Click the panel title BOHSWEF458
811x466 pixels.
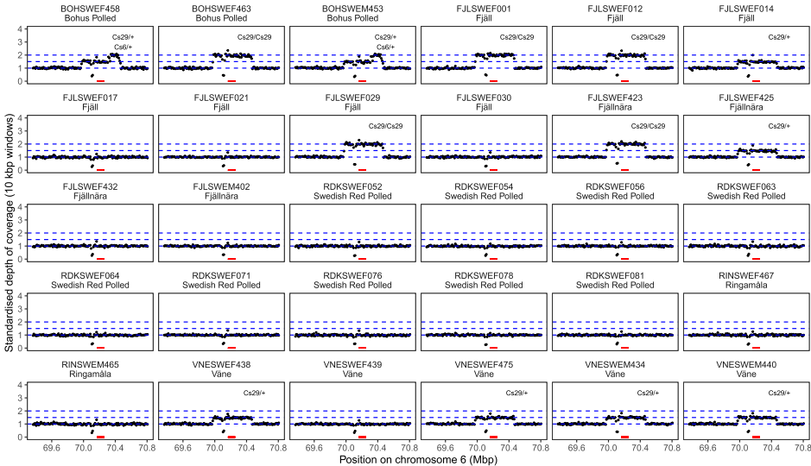(x=91, y=8)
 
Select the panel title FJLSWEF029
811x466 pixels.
(x=352, y=98)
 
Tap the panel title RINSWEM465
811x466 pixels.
(x=91, y=364)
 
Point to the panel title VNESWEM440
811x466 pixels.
(x=745, y=364)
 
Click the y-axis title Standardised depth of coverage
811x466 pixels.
(x=9, y=233)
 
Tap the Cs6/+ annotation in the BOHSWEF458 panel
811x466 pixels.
(x=124, y=47)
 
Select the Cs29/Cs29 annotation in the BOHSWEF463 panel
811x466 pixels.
(x=251, y=37)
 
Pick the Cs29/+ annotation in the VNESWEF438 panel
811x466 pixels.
(x=254, y=393)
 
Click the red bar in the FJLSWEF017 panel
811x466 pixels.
(x=101, y=170)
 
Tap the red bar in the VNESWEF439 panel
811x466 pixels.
(x=363, y=437)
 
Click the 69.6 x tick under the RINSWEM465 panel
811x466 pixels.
(x=51, y=448)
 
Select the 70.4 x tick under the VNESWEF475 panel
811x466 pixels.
(x=509, y=448)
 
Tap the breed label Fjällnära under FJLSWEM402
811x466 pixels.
(x=222, y=197)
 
